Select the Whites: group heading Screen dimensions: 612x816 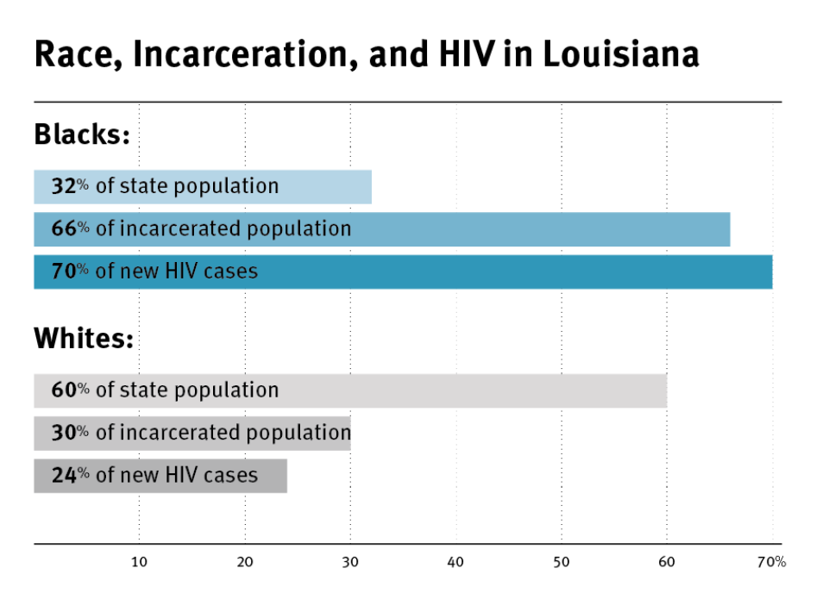coord(84,338)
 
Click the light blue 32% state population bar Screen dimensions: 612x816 coord(203,187)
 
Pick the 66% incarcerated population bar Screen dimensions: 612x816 coord(381,229)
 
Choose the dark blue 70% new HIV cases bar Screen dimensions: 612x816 coord(403,272)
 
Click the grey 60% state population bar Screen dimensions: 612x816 coord(350,390)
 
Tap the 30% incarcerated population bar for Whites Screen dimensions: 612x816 coord(191,433)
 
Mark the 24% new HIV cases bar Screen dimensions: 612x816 coord(160,475)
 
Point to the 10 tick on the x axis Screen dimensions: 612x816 coord(139,563)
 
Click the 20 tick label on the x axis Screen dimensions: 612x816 coord(245,563)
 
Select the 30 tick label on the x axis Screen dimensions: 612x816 coord(350,563)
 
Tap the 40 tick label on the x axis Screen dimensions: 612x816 coord(455,563)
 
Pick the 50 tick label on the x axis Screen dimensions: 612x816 coord(562,563)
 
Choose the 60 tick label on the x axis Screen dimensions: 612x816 coord(667,563)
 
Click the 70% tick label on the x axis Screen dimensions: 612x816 coord(771,563)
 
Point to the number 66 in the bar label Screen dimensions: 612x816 coord(63,229)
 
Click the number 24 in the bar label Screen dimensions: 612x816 coord(63,475)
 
